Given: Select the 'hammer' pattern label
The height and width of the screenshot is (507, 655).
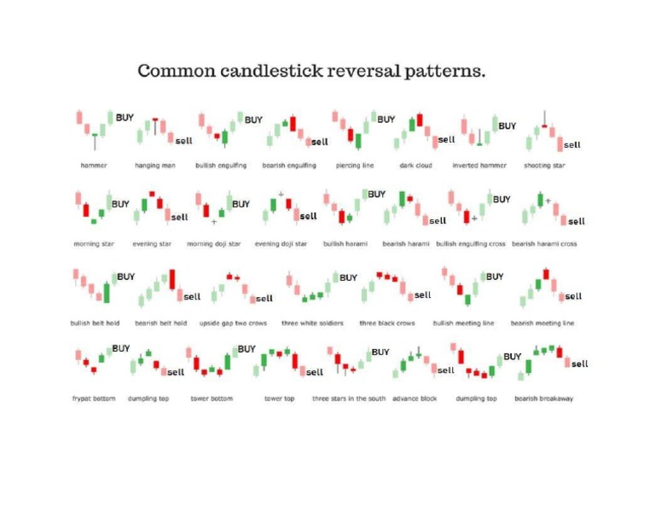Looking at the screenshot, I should [94, 166].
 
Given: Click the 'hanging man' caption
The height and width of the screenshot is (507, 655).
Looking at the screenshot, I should [155, 166].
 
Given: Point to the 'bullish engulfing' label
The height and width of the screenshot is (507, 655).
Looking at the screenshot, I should [221, 166].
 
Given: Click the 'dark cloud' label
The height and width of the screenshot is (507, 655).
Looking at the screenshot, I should [415, 166].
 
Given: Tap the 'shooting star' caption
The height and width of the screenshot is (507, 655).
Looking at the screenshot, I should [544, 166].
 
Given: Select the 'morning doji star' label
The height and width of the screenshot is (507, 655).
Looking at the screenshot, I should [214, 244].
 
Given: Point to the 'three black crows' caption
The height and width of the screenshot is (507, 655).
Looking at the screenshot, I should [386, 323].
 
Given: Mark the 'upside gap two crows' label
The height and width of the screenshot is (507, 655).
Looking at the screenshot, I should [233, 323].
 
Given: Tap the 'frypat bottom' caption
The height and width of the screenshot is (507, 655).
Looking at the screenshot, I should [94, 399].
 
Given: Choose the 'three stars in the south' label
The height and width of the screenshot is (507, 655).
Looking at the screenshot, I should [349, 399].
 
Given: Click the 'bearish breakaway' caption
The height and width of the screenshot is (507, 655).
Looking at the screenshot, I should [544, 399].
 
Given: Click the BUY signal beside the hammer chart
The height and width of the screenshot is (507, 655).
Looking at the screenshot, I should [125, 118].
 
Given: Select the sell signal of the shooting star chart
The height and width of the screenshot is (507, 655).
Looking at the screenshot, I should [572, 145].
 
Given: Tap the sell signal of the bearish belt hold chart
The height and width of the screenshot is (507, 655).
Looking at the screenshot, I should [193, 297].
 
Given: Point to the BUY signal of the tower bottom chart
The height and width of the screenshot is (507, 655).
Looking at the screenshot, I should [246, 349].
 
